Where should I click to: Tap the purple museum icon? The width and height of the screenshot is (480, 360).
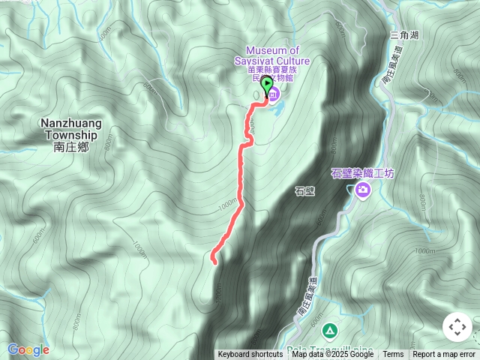(274, 94)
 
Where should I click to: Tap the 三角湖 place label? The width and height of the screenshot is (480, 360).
(405, 34)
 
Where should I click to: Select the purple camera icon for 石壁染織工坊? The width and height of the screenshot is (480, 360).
(363, 190)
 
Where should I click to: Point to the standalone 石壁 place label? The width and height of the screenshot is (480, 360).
(304, 190)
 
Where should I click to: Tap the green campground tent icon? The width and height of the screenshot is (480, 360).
(330, 331)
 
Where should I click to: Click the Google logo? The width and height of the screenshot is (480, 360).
(28, 349)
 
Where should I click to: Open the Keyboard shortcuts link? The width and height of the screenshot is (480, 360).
(250, 355)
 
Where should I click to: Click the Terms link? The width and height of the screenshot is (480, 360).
(393, 355)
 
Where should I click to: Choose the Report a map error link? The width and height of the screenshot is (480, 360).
(444, 355)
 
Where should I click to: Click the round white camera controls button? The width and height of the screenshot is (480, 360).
(457, 327)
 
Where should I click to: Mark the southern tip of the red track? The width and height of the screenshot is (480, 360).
(214, 262)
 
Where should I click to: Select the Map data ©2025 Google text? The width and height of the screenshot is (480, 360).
(332, 355)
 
